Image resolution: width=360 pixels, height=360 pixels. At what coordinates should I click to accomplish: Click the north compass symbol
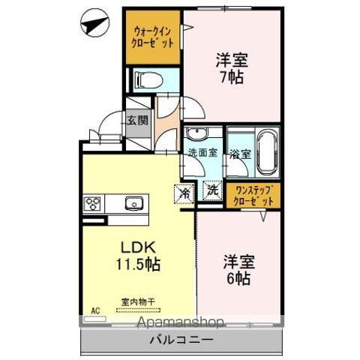tap(95, 23)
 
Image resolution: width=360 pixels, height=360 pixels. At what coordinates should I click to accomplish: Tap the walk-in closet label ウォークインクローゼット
tap(152, 37)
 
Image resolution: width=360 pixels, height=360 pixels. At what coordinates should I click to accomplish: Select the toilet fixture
tap(148, 80)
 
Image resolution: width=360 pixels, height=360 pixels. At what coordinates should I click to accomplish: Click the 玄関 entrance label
tap(138, 121)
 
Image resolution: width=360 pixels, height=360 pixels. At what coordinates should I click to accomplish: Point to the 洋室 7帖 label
tap(232, 67)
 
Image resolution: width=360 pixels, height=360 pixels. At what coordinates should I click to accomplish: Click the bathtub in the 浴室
tap(267, 152)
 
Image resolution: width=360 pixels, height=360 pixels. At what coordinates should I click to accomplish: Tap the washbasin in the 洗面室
tap(197, 133)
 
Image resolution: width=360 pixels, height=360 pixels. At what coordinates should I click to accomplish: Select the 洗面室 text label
tap(202, 152)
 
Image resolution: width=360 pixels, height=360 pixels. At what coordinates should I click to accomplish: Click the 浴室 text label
tap(240, 154)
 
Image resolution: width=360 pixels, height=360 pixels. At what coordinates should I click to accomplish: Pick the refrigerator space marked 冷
tap(184, 193)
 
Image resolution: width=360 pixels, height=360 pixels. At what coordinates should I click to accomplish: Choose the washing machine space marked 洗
tap(212, 190)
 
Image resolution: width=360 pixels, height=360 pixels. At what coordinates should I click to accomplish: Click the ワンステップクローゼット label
tap(253, 196)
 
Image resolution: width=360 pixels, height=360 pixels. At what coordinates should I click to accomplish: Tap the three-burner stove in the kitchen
tap(92, 203)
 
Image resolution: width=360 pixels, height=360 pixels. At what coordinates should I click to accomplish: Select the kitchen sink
tap(134, 203)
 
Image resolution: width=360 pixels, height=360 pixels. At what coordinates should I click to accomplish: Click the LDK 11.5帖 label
tap(138, 256)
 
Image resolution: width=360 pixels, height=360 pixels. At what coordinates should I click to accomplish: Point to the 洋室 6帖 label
tap(238, 269)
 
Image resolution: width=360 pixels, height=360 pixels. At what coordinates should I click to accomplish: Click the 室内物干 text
tap(138, 302)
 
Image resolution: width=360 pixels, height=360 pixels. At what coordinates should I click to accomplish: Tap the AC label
tap(95, 310)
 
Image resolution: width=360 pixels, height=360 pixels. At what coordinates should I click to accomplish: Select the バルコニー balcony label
tap(181, 340)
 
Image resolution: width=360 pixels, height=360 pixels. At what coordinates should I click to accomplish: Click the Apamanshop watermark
tap(180, 322)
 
